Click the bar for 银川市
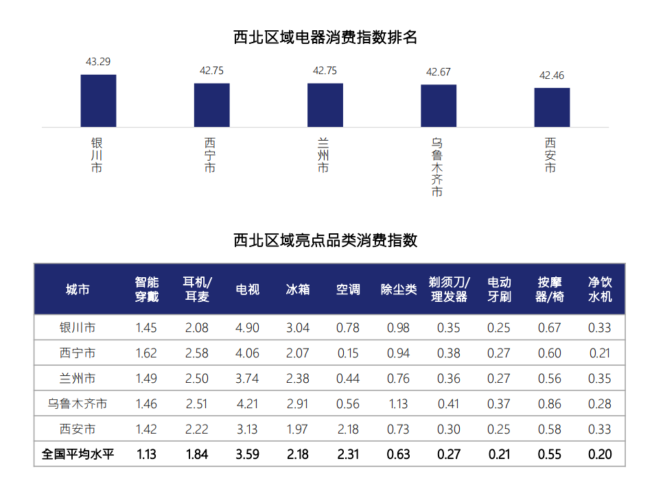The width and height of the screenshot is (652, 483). coord(98,101)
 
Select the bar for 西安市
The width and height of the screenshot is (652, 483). coord(552,107)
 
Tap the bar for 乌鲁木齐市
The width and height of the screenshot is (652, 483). coord(439,106)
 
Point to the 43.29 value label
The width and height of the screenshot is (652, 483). coord(98,62)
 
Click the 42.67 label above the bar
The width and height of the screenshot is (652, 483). coord(439,72)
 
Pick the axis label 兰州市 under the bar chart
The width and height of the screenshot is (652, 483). coord(323,155)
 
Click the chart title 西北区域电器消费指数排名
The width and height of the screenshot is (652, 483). coord(325,37)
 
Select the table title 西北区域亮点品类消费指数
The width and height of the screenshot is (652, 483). coord(325,240)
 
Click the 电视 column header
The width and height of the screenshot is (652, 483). coord(247,290)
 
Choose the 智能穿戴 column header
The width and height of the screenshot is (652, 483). coord(147,290)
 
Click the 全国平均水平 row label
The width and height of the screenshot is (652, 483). coord(78,454)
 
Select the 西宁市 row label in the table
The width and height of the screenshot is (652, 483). coord(78,353)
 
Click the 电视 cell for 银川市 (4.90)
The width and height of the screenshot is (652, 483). coord(247,328)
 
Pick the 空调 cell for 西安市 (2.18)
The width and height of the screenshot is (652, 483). coord(348,429)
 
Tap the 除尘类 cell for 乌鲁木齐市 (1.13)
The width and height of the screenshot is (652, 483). coord(398,404)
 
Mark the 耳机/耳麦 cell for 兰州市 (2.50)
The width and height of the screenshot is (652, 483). coord(197,379)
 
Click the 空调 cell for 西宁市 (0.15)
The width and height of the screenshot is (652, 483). coord(348,353)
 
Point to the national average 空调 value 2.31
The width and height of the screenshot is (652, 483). coord(348,454)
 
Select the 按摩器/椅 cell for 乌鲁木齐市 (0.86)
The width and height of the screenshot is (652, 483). coord(549,404)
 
